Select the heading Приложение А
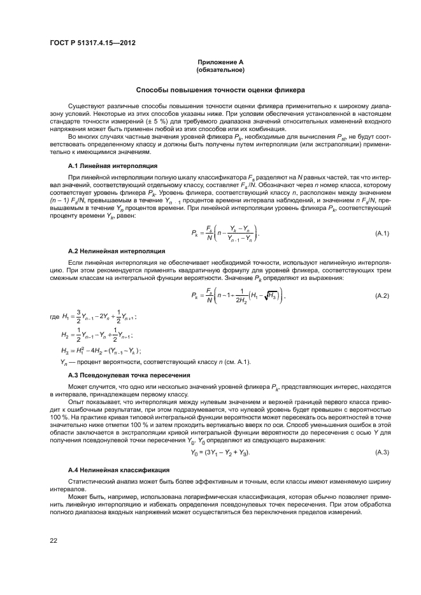pos(221,62)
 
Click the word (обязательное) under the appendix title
pos(221,69)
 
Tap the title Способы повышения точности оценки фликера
pos(221,90)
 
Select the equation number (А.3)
pos(383,452)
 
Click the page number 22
pos(54,540)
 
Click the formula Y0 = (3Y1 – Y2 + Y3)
pos(220,452)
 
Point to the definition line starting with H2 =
pos(96,335)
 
